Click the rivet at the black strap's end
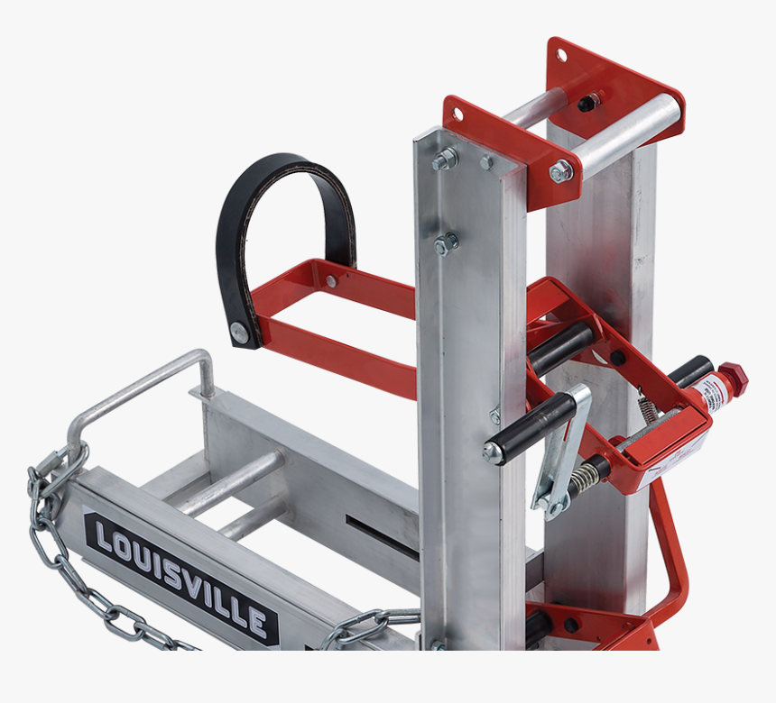[x=238, y=331]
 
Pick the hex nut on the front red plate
[x=561, y=170]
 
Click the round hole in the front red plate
[x=457, y=114]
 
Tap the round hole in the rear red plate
[x=561, y=55]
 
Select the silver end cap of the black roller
[x=493, y=452]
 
